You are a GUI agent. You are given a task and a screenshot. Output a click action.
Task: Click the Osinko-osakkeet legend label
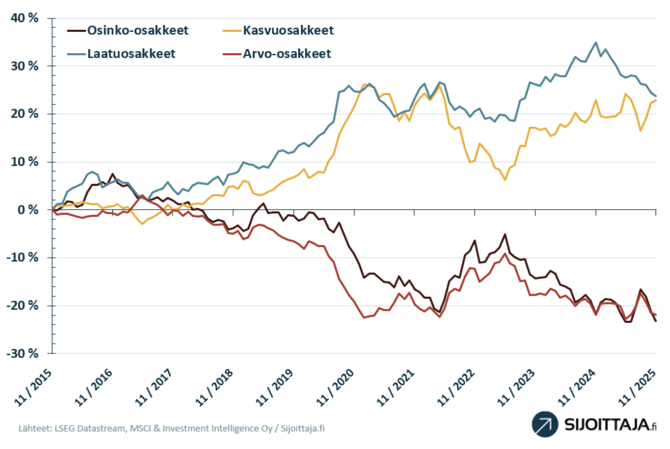click(x=137, y=31)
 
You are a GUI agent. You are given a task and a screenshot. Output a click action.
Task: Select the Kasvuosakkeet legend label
click(x=288, y=31)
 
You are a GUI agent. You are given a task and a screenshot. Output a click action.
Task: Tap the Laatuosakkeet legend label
click(x=131, y=54)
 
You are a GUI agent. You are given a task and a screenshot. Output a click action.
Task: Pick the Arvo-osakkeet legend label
click(x=287, y=54)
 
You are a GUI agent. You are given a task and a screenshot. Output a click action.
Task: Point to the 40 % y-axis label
click(x=25, y=18)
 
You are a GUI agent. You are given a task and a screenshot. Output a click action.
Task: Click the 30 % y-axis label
click(x=25, y=66)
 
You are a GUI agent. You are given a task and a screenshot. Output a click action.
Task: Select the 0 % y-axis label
click(x=28, y=210)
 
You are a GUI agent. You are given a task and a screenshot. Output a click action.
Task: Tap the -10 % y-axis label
click(x=22, y=257)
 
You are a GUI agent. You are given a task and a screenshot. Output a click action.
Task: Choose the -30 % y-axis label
click(x=22, y=353)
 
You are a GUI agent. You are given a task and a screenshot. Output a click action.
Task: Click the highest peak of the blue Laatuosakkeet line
click(x=596, y=42)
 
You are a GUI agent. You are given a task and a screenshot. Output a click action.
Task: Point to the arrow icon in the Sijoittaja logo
click(x=545, y=424)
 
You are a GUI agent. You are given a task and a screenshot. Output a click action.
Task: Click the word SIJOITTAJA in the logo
click(x=607, y=424)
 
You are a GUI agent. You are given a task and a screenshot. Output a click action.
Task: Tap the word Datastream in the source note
click(x=102, y=428)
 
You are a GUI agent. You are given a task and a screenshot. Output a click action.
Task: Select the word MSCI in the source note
click(x=140, y=428)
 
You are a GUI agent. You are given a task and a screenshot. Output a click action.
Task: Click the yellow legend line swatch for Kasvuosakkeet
click(x=232, y=31)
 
